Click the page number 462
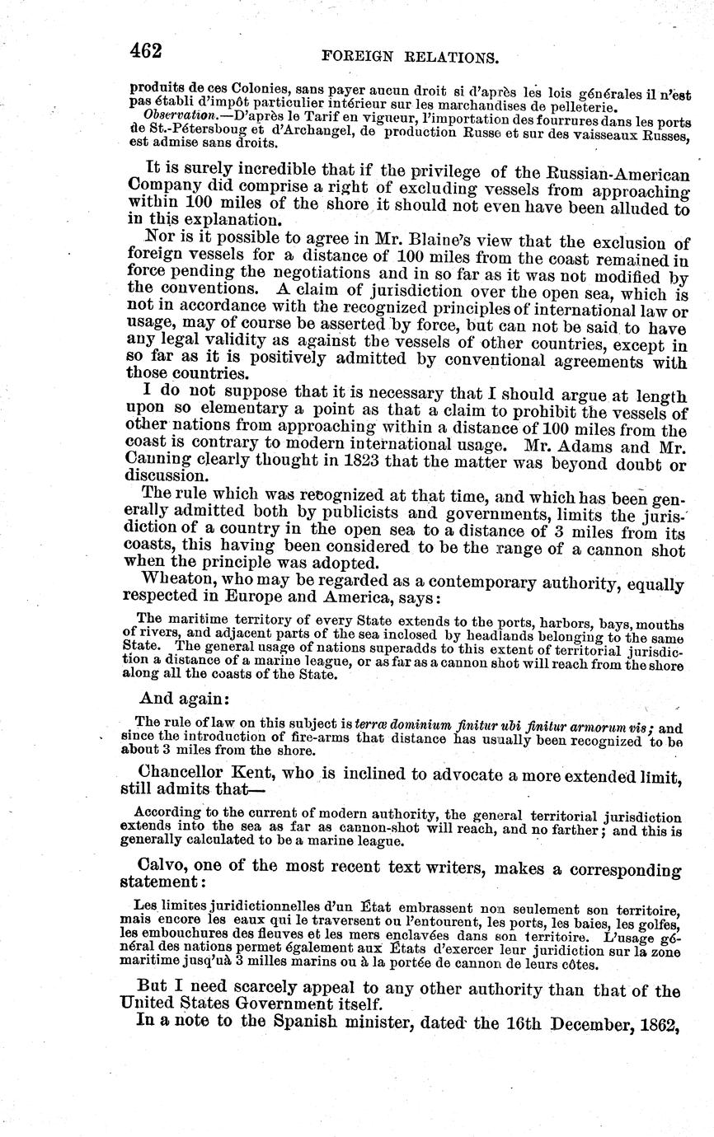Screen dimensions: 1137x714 tap(145, 51)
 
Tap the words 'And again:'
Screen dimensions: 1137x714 tap(183, 698)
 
